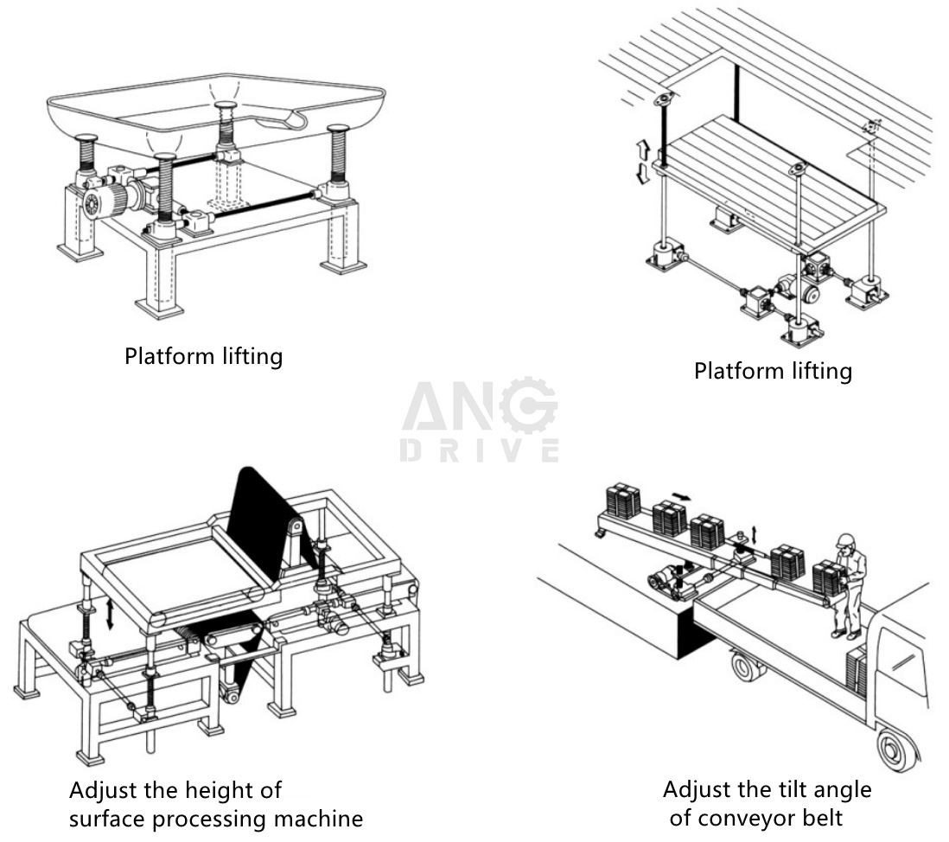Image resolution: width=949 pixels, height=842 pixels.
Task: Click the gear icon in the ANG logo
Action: (528, 405)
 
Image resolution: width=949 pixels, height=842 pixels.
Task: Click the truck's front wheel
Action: (897, 749)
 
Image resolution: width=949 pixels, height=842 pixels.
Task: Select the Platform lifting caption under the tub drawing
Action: (203, 356)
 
